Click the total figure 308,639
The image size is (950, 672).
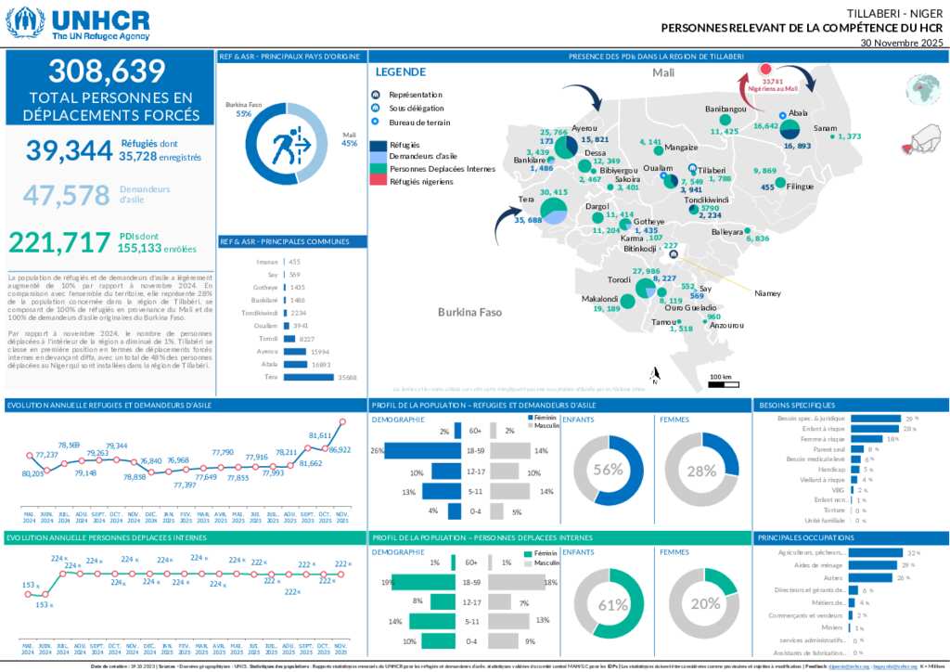coord(107,71)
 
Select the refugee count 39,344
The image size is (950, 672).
coord(69,150)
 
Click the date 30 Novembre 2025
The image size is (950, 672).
coord(901,43)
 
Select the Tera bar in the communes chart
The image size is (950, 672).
coord(309,377)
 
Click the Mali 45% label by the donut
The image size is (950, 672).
coord(350,139)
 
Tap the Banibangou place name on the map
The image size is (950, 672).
coord(726,110)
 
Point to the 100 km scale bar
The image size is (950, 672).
coord(720,381)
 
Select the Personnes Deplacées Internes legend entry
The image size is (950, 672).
coord(442,170)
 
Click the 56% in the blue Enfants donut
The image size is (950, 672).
coord(609,470)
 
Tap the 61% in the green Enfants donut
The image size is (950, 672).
coord(612,605)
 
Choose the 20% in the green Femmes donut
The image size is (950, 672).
coord(705,603)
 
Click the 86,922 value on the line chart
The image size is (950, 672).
coord(340,449)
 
